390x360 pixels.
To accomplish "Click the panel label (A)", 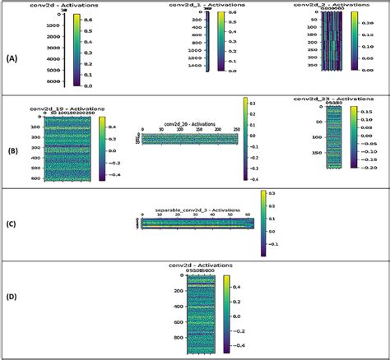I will tap(11, 59).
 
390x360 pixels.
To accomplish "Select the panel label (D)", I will tap(11, 311).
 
